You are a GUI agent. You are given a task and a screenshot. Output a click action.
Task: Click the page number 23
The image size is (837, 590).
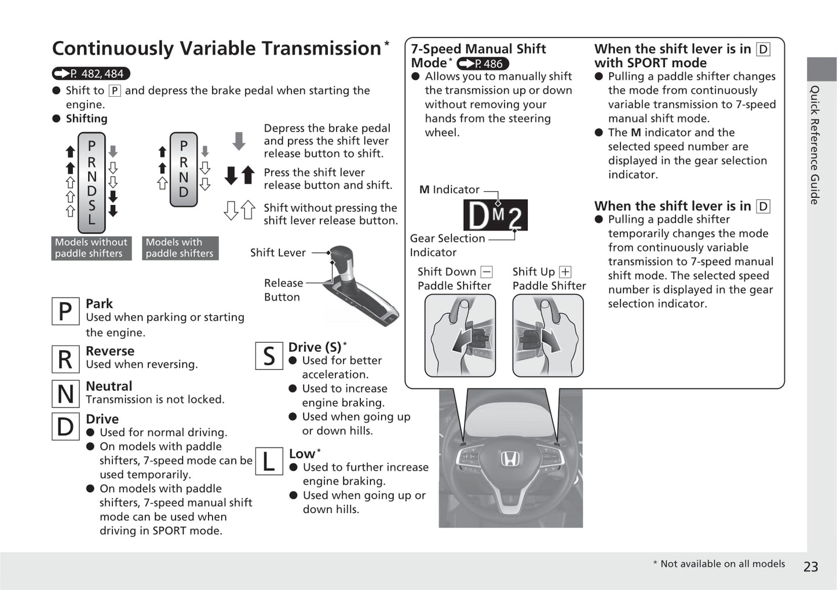[810, 566]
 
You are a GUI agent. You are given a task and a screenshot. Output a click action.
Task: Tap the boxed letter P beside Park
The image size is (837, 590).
[65, 312]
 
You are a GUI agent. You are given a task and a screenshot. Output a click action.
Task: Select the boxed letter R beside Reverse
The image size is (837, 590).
[65, 359]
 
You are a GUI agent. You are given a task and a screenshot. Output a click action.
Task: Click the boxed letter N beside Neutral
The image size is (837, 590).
[65, 394]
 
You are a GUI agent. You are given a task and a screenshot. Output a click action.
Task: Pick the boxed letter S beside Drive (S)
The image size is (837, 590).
[269, 356]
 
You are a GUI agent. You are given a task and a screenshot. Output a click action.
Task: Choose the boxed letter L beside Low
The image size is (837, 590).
[269, 462]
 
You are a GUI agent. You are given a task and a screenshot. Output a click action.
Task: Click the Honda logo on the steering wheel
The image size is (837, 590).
[510, 459]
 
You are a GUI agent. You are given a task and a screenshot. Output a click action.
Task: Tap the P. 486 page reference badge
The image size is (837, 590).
[483, 64]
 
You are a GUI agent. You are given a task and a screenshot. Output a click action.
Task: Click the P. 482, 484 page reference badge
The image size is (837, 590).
[91, 74]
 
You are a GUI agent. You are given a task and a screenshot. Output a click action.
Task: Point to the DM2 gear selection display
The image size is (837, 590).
[495, 215]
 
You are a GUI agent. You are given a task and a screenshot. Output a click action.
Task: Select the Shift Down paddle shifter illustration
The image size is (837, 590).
[460, 335]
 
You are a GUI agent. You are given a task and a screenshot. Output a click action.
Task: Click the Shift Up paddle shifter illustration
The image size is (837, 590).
[547, 335]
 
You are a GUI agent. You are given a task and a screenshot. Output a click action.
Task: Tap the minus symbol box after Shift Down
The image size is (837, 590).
[487, 272]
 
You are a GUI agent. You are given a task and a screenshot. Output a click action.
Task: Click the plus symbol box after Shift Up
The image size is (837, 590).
[565, 272]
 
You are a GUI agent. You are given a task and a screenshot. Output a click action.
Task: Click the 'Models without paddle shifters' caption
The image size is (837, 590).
[91, 248]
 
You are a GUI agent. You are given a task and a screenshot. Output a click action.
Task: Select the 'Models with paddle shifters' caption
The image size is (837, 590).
[180, 248]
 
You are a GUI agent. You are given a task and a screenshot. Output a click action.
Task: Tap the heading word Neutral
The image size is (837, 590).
[109, 386]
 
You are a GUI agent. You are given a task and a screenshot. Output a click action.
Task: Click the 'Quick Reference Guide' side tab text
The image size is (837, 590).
[815, 145]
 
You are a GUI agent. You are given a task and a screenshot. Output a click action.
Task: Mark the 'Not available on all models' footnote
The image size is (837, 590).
[722, 564]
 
